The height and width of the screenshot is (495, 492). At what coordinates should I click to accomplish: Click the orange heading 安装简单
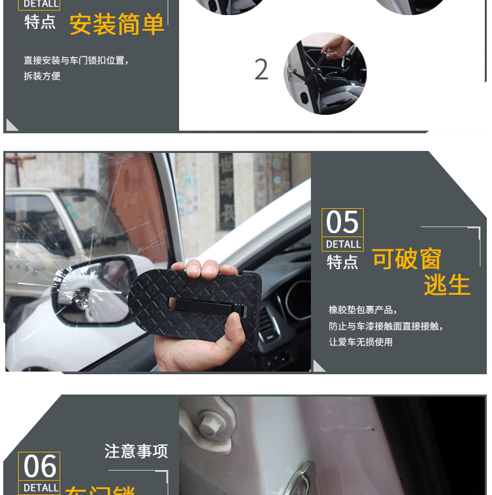pos(117,24)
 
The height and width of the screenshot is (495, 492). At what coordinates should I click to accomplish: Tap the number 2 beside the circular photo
pos(261,70)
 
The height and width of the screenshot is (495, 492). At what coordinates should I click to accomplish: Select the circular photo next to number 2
pos(325,73)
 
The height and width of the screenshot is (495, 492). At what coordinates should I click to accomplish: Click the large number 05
pos(342,223)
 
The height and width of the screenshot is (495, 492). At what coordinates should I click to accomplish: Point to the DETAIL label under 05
pos(343,244)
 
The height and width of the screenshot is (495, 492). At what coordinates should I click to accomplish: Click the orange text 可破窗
pos(407,259)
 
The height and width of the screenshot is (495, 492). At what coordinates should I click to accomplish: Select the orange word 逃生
pos(447,286)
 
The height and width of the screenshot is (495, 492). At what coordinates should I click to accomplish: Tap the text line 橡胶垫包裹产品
pos(363,310)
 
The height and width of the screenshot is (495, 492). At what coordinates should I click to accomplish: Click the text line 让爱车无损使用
pos(360,342)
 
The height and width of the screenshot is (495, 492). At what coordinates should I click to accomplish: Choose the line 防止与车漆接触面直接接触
pos(386,326)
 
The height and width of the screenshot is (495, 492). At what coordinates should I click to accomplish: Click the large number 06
pos(39,467)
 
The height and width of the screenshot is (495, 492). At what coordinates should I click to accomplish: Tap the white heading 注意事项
pos(136,451)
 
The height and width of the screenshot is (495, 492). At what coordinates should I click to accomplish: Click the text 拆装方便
pos(42,76)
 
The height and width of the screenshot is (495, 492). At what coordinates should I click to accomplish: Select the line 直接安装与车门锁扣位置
pos(76,60)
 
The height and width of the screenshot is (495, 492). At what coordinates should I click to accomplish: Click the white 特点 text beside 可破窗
pos(342,262)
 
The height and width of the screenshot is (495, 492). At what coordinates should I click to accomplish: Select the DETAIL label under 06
pos(39,488)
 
